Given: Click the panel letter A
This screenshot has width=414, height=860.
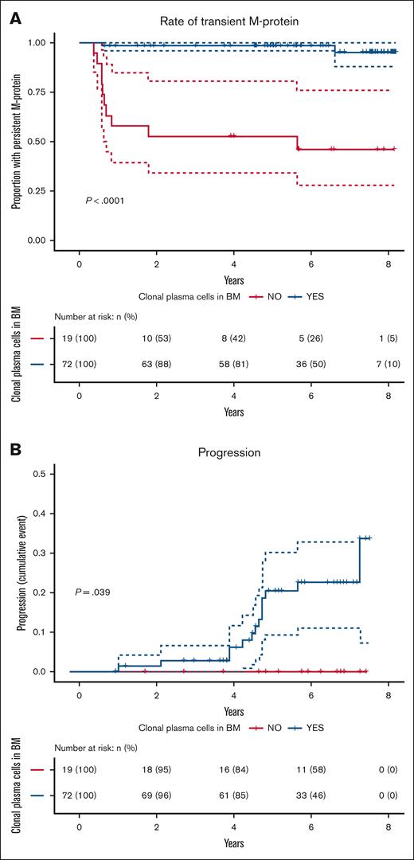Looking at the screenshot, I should point(15,16).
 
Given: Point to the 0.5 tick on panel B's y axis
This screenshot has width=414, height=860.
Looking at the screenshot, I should point(38,474).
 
